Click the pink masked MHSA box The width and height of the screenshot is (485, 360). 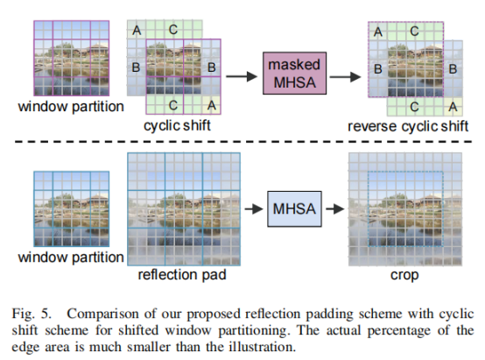294,73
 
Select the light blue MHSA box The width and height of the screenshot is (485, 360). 294,209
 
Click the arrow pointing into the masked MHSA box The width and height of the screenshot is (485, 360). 242,76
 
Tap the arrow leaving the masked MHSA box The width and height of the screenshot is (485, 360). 345,76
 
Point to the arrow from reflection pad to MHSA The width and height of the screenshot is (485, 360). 254,209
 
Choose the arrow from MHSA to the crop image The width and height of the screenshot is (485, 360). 335,209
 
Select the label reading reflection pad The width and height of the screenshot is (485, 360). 182,275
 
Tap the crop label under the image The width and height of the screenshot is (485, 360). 404,275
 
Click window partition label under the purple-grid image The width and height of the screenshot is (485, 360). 71,107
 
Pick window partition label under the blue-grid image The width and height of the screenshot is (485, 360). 71,258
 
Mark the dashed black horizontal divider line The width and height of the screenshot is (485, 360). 243,142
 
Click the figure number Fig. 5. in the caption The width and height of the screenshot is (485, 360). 31,314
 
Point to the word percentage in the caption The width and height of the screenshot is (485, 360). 398,331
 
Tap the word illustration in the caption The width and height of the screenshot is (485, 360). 262,347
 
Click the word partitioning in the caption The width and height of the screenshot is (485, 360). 254,331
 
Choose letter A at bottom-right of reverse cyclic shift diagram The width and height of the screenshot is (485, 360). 453,107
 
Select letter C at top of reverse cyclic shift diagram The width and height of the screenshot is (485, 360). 414,32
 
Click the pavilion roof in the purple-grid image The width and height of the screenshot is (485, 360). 98,46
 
